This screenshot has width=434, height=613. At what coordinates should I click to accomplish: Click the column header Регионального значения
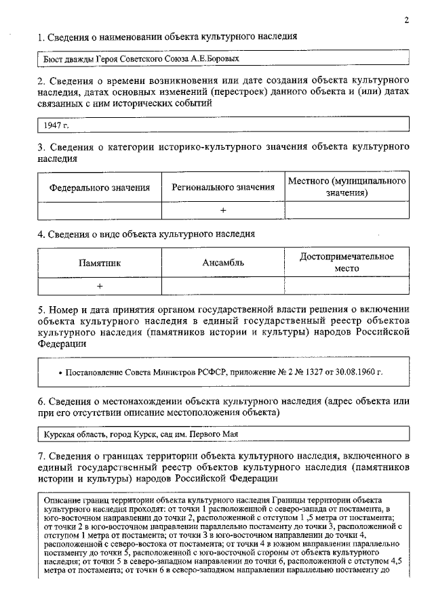point(223,187)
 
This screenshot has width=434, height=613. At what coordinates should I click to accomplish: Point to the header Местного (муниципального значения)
point(347,187)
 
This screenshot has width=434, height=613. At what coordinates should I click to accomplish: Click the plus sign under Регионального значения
point(223,211)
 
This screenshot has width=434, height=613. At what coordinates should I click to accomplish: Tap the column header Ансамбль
point(223,263)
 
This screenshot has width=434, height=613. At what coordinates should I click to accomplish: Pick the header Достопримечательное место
point(347,262)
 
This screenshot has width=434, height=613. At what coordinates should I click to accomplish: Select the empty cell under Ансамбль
point(223,286)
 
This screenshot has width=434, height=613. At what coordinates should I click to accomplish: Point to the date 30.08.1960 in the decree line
point(359,373)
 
